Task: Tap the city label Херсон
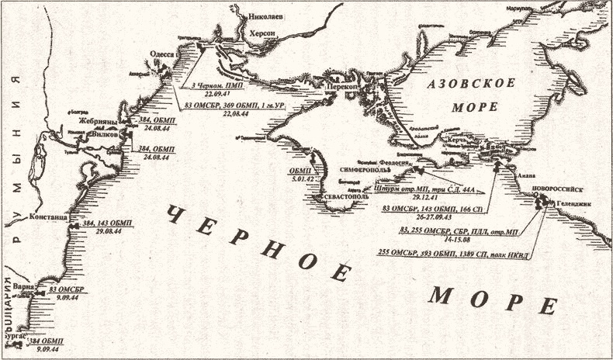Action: coord(263,33)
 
